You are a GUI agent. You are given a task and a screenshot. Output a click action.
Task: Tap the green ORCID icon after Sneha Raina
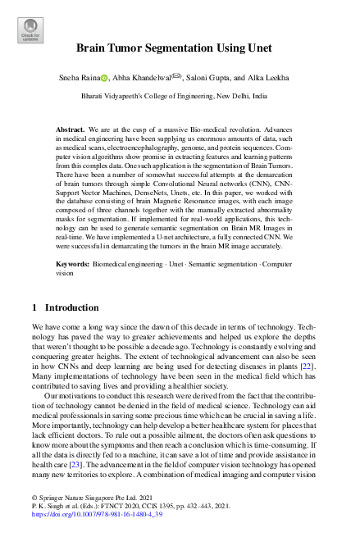coord(104,76)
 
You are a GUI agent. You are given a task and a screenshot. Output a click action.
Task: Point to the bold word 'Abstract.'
coord(72,130)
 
